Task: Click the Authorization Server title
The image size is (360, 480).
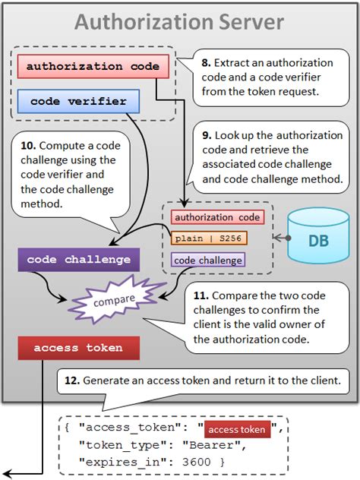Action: (179, 22)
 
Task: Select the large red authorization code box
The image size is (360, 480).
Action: (93, 66)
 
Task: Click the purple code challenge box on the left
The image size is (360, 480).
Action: (79, 259)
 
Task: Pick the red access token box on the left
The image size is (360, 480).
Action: (79, 349)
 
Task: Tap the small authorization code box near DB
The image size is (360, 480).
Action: (217, 217)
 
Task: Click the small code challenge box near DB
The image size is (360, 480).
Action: (208, 260)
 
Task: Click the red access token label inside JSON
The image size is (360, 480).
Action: (238, 430)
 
